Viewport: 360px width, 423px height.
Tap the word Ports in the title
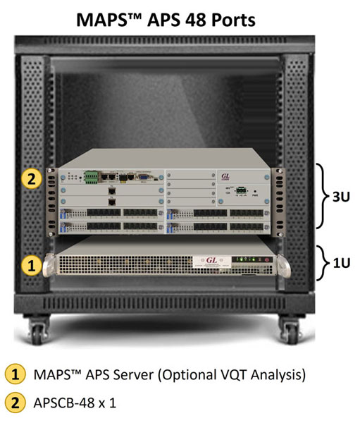coord(233,20)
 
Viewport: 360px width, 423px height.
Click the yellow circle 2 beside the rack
coord(32,178)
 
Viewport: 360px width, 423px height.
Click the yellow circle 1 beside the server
coord(32,265)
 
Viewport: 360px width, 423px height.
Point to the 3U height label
coord(341,197)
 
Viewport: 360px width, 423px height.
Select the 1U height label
coord(342,263)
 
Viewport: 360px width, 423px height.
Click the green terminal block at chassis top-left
coord(91,177)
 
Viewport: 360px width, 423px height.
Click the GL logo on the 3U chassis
coord(225,177)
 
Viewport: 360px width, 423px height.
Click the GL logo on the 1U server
coord(211,260)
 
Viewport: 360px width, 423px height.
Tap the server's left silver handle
coord(49,266)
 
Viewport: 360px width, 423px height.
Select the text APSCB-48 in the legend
coord(64,403)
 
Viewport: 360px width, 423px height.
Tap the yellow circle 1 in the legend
coord(15,374)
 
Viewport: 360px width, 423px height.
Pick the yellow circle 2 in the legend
coord(15,403)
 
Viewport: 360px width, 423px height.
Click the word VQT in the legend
coord(232,375)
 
